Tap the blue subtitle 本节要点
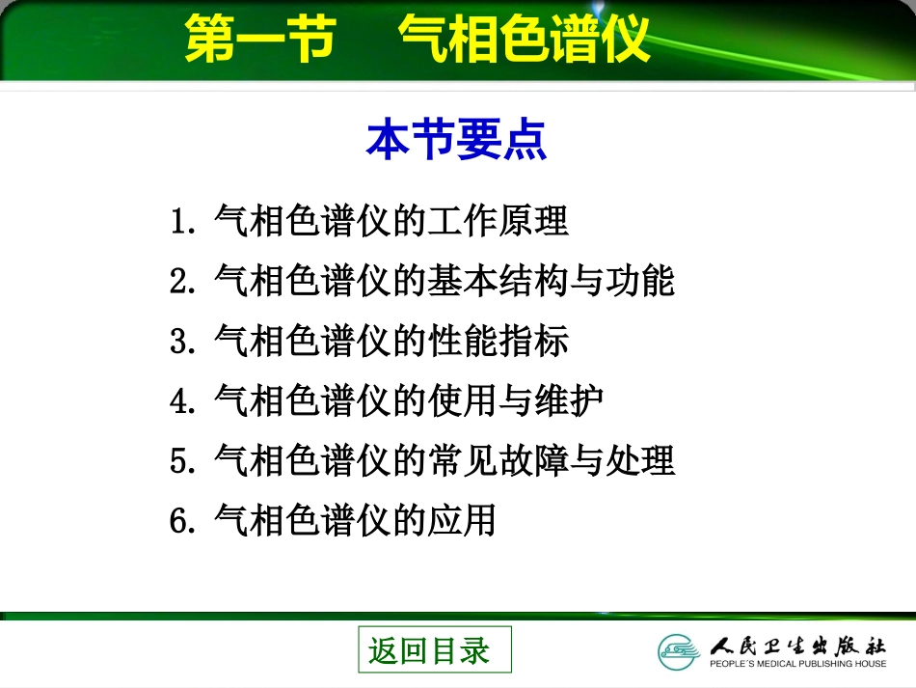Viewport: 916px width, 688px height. pos(456,141)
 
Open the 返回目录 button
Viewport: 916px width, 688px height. pos(435,649)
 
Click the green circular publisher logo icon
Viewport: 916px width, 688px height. pos(680,650)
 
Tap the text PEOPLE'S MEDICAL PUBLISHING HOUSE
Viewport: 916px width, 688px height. pos(797,664)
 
